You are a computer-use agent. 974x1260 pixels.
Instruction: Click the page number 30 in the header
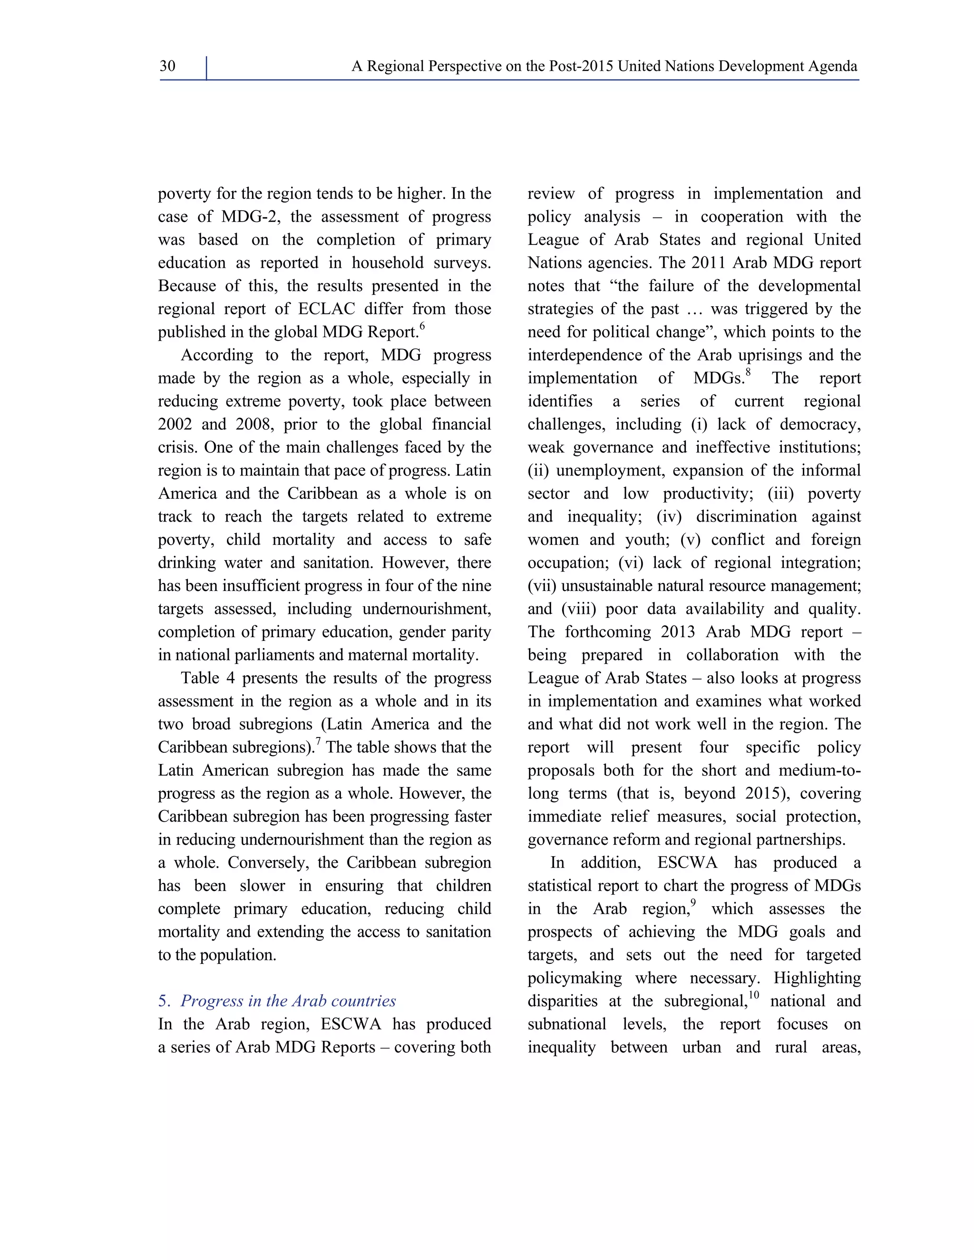coord(167,67)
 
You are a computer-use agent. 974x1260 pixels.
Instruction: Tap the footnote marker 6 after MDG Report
coord(422,327)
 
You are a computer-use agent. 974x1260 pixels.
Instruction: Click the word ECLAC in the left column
coord(327,309)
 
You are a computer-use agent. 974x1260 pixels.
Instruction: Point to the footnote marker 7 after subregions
coord(318,742)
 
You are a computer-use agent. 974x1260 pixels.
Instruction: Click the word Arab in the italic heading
coord(309,1001)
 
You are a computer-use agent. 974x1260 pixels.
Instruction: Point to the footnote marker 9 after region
coord(693,903)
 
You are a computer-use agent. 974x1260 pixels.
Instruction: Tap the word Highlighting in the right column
coord(817,979)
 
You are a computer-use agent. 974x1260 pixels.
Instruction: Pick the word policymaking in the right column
coord(575,979)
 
